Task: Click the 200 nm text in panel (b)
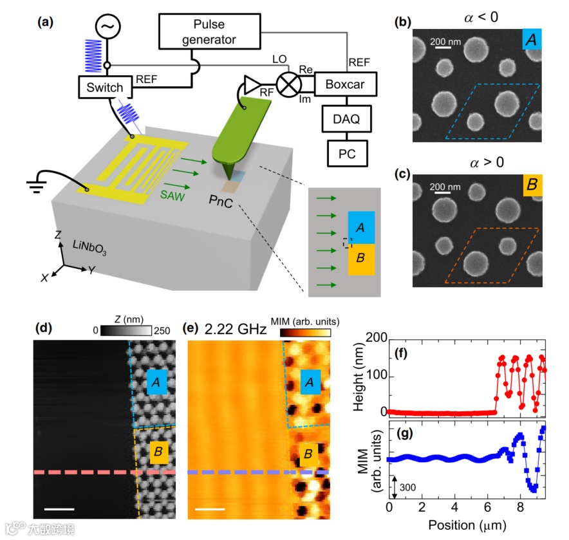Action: [446, 41]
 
